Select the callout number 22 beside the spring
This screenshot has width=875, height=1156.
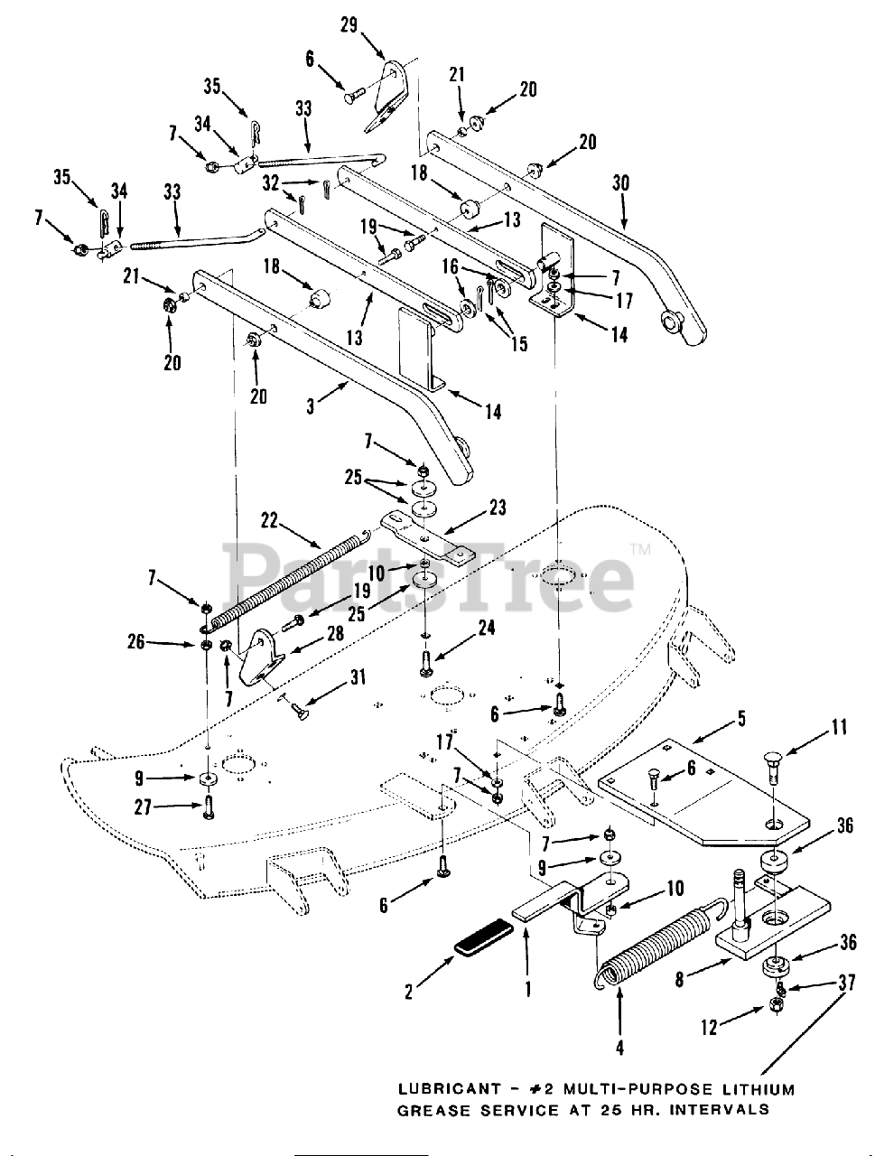(x=269, y=521)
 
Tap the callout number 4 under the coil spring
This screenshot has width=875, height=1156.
(x=620, y=1048)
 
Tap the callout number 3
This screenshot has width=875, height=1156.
(x=310, y=407)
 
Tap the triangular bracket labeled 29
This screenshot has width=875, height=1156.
(x=391, y=95)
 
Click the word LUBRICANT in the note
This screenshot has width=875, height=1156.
(x=447, y=1090)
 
